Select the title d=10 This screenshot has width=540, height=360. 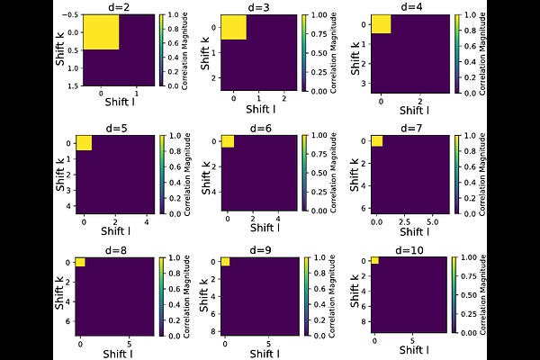tap(412, 249)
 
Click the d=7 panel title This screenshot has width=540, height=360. tap(412, 126)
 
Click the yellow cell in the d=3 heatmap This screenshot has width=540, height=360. tap(234, 28)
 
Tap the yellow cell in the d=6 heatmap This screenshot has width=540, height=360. tap(228, 140)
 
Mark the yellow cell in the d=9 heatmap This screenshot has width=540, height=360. tap(225, 262)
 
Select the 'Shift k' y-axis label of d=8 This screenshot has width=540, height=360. tap(60, 295)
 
